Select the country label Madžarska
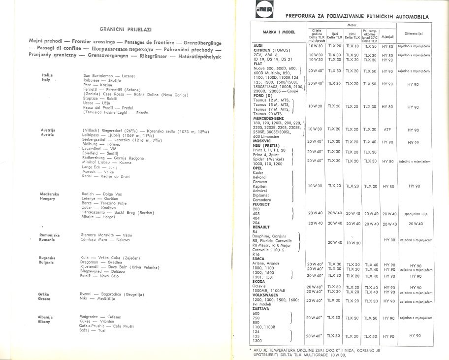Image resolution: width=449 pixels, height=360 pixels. click(50, 195)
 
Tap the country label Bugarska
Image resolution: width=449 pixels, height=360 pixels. click(47, 258)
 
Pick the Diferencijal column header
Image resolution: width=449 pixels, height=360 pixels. click(414, 33)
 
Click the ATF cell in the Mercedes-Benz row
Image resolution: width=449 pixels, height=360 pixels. click(387, 129)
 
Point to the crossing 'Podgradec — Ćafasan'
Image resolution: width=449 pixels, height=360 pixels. click(100, 317)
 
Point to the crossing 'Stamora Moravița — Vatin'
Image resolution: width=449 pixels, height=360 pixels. click(106, 235)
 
